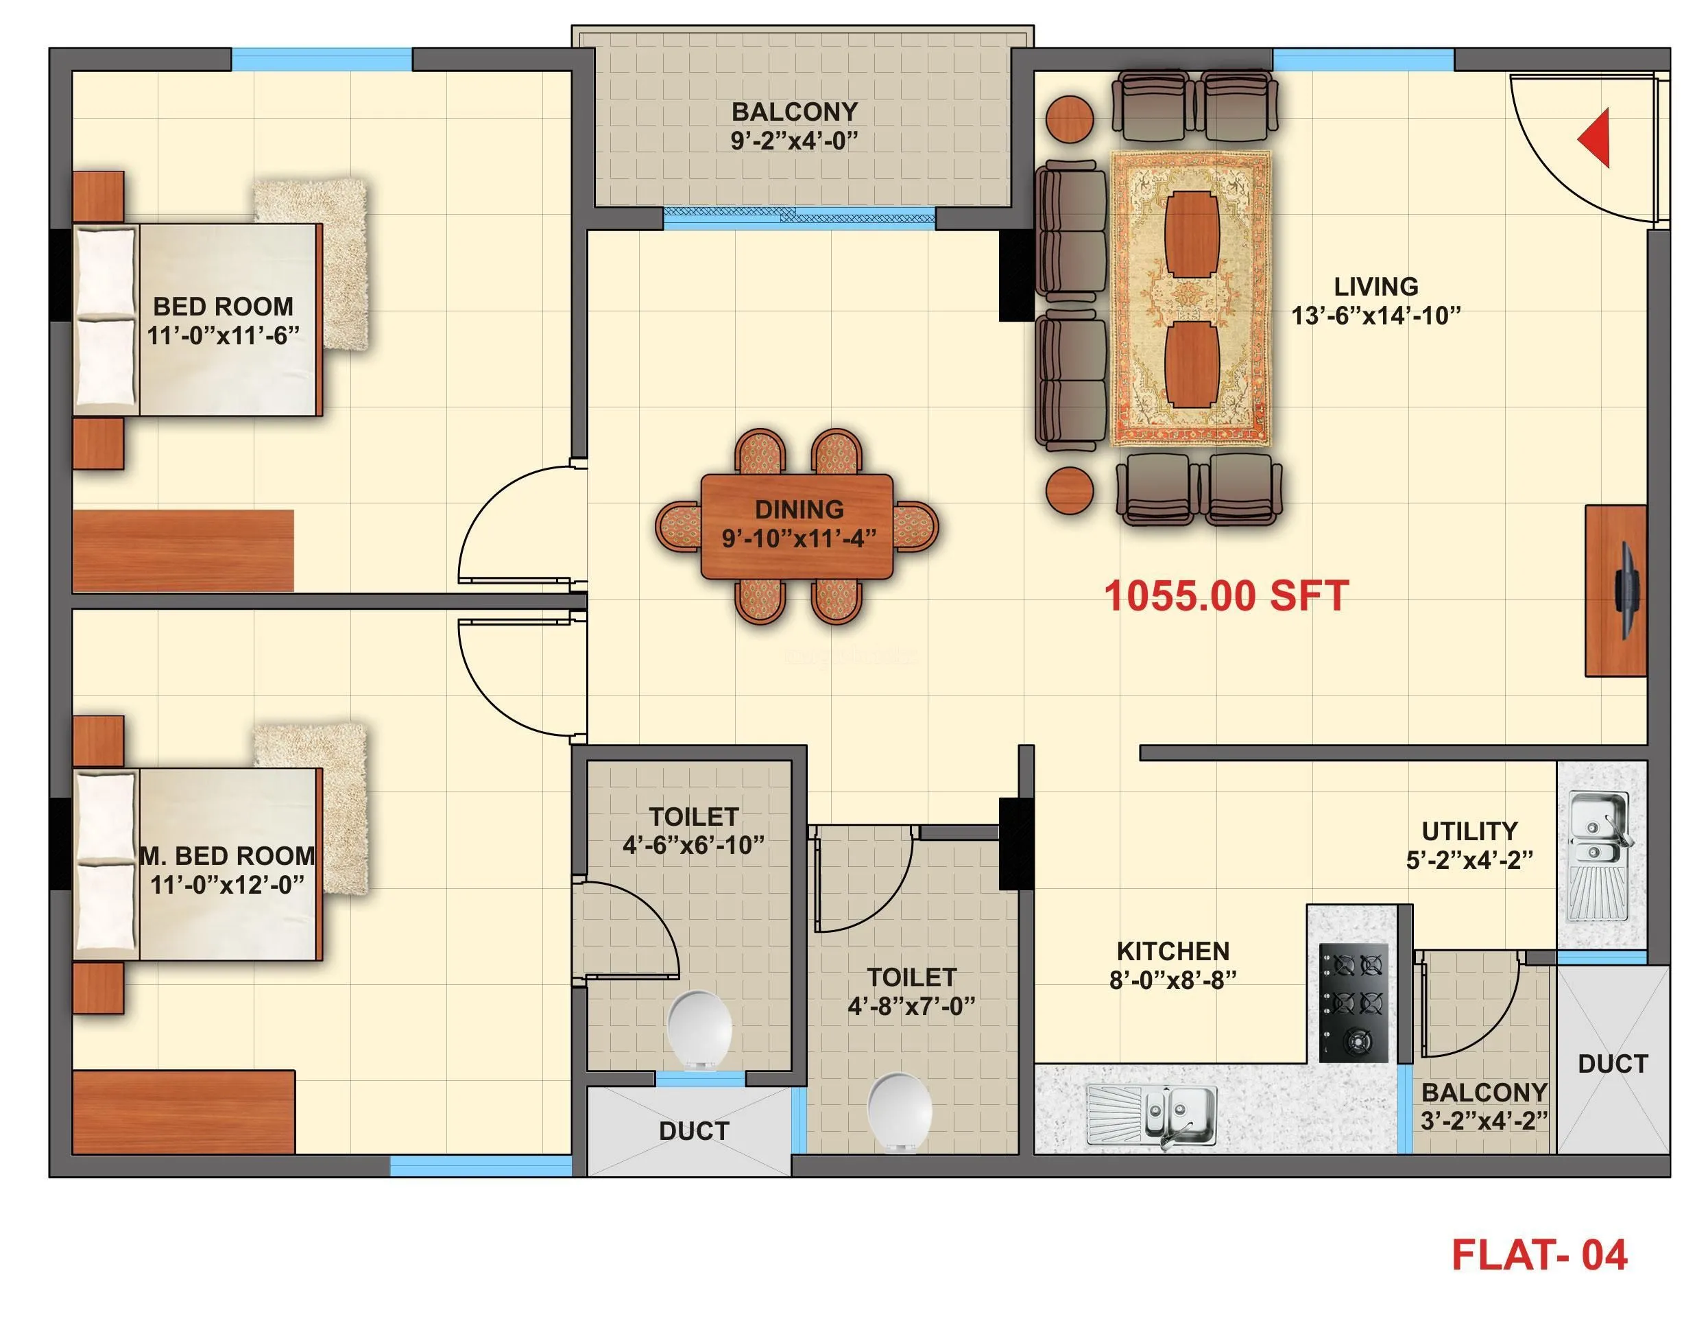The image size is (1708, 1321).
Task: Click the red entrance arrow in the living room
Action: [1596, 139]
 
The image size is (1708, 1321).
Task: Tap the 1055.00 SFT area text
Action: [1225, 596]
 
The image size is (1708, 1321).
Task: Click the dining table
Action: [797, 525]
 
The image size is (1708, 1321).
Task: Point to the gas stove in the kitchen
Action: [1354, 1002]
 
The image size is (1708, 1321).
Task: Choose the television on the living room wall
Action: [1628, 591]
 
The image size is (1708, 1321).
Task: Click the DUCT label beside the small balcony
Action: [1613, 1064]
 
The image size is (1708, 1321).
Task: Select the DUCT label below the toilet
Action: [694, 1131]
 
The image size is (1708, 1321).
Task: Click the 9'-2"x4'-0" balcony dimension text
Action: [795, 141]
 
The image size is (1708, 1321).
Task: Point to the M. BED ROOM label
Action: [227, 856]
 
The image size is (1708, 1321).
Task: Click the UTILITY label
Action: [1469, 831]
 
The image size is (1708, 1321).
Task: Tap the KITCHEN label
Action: [1173, 951]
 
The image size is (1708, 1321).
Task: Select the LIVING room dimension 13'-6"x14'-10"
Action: [1375, 316]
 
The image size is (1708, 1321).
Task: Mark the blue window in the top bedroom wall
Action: [322, 60]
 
